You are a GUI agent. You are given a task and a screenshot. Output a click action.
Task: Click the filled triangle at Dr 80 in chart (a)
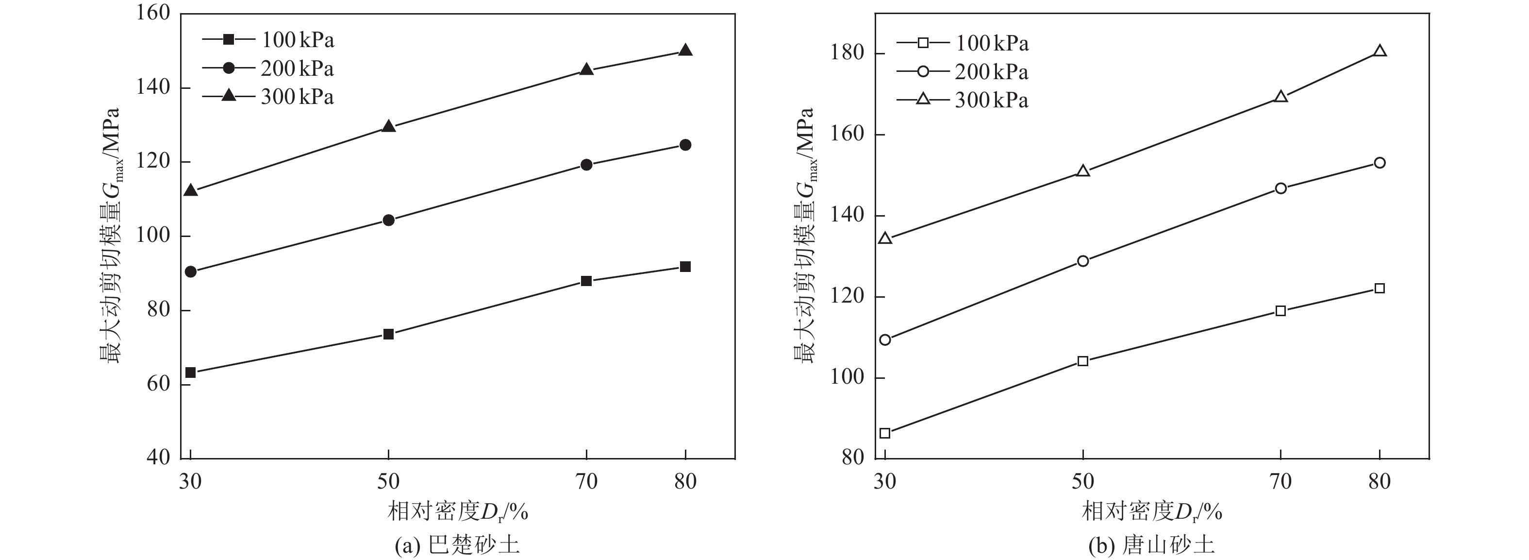(685, 51)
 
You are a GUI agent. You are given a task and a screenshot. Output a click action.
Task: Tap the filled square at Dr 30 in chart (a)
(191, 373)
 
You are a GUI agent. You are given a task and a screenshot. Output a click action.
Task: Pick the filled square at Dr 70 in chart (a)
(586, 281)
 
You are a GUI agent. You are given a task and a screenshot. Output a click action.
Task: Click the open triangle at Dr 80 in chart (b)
(1379, 51)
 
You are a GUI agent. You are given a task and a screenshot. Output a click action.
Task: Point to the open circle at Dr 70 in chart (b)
(1280, 189)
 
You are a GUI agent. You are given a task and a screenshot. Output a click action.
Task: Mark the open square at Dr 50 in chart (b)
(1082, 361)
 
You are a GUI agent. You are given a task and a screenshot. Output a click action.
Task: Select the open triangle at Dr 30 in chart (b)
(885, 238)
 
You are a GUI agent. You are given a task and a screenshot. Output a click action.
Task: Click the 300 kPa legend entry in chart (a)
(268, 97)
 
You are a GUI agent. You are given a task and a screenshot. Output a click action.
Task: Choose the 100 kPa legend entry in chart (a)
(268, 40)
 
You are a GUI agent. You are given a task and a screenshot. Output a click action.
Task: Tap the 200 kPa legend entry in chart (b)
(962, 72)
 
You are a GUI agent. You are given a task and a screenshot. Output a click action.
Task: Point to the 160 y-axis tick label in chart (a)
(153, 13)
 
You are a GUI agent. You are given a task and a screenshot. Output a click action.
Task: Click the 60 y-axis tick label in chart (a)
(157, 384)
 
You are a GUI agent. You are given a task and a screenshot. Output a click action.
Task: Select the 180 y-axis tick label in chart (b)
(847, 53)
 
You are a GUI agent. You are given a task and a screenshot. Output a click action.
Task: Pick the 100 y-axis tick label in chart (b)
(847, 378)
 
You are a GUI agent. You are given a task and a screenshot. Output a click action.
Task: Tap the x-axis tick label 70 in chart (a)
(586, 481)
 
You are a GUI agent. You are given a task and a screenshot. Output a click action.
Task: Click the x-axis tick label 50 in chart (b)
(1082, 481)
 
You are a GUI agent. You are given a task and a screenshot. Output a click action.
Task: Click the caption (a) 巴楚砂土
(457, 545)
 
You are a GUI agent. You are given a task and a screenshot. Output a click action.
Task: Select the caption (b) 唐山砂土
(1151, 545)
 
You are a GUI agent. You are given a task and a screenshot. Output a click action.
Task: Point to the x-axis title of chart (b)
(1151, 511)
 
